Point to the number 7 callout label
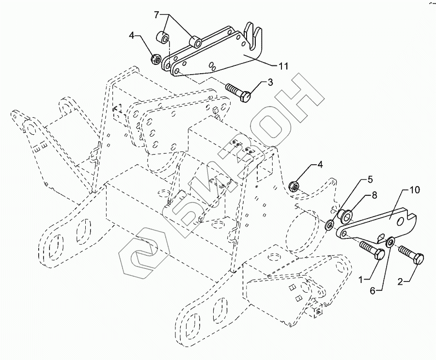click(156, 15)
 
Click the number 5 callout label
click(370, 179)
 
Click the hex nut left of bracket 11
click(156, 59)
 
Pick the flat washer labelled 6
click(390, 241)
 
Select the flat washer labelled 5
click(329, 224)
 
